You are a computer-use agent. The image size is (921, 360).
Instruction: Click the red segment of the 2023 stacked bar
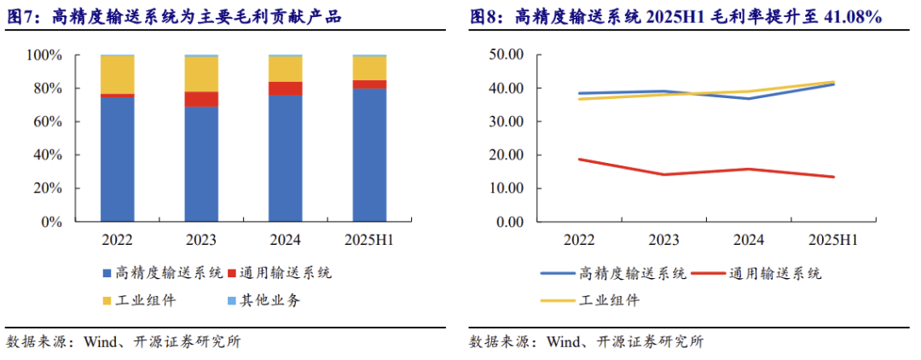pos(201,99)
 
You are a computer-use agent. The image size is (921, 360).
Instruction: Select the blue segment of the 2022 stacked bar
pos(117,159)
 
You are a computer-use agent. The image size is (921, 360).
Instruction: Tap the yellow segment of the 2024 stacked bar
pos(286,69)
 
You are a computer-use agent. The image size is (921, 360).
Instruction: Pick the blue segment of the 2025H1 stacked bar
pos(370,154)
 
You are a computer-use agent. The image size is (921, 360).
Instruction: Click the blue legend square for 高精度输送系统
pos(107,274)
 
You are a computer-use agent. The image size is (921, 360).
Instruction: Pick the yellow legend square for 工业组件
pos(107,301)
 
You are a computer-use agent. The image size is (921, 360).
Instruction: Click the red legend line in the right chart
pos(708,274)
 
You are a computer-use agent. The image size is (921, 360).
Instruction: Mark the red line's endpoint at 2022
pos(579,160)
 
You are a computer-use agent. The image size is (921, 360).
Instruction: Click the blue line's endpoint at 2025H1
pos(833,84)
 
